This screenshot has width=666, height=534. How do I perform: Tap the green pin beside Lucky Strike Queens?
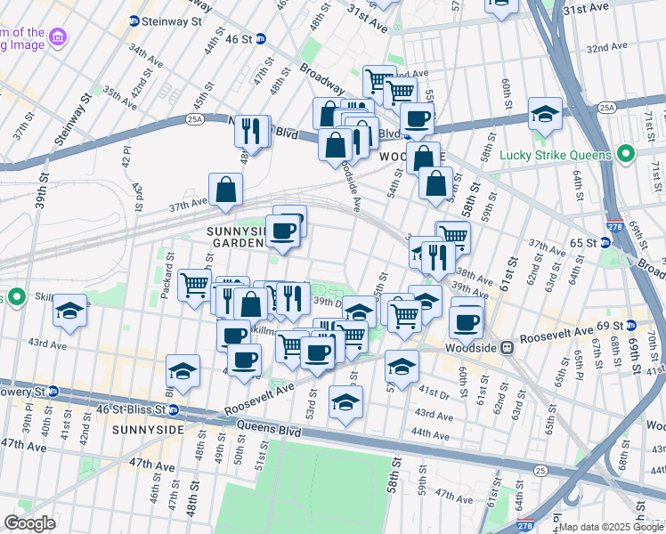(625, 154)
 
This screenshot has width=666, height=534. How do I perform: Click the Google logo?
(29, 524)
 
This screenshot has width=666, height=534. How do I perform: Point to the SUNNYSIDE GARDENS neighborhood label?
(236, 237)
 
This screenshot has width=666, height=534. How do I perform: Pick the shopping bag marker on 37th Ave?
(226, 189)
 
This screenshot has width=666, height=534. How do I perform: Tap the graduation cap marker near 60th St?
(545, 114)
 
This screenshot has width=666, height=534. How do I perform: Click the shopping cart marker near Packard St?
(194, 285)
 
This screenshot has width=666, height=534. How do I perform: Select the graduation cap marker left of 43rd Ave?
(69, 311)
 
